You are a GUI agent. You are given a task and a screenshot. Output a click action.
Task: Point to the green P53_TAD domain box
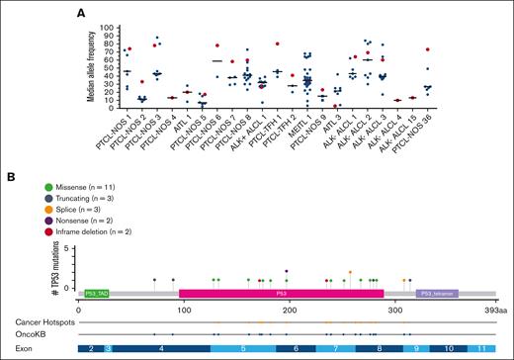pyautogui.click(x=96, y=294)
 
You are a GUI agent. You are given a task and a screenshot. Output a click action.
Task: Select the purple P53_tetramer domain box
pyautogui.click(x=437, y=294)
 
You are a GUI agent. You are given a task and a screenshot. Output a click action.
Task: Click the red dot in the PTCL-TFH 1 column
pyautogui.click(x=279, y=45)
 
